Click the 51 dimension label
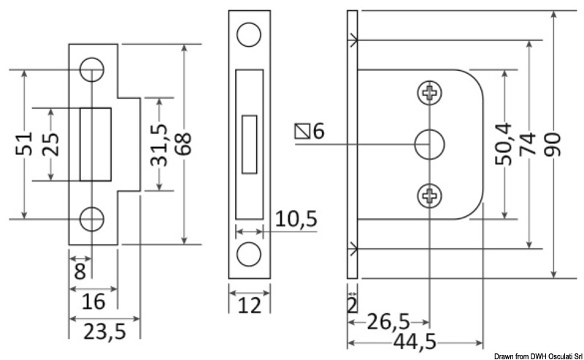(x=23, y=144)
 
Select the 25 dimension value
(x=50, y=145)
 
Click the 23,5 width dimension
(x=105, y=332)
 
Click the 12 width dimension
(x=250, y=305)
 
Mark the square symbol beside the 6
(x=301, y=131)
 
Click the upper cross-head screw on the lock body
(x=430, y=93)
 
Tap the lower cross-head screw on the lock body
(x=430, y=195)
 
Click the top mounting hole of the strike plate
(x=92, y=69)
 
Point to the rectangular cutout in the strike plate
(x=95, y=144)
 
